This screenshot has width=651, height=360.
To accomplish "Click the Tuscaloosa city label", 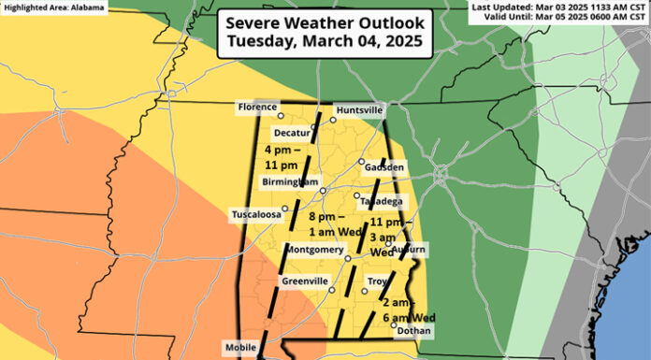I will [256, 215].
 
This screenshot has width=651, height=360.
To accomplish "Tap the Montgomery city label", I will [313, 250].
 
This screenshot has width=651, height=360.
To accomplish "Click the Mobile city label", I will [240, 348].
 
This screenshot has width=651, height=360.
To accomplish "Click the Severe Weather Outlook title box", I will [325, 34].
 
